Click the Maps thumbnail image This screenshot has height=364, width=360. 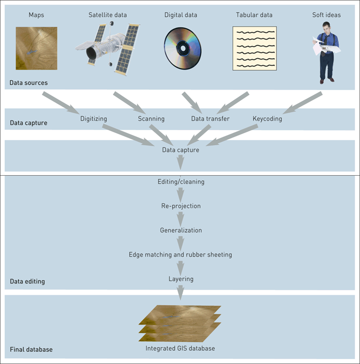(36, 48)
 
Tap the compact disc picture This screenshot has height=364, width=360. (183, 48)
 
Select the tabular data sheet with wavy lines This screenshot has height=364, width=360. (254, 48)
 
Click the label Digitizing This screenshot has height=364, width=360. (94, 119)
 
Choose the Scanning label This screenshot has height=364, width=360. (151, 119)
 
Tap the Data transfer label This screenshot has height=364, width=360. (210, 119)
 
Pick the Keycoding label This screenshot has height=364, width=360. (267, 119)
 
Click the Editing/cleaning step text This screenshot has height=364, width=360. (180, 182)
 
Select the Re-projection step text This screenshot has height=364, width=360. (180, 206)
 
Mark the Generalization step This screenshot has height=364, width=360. (181, 230)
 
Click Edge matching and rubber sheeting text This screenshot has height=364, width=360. (180, 255)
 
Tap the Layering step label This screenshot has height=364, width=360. (181, 279)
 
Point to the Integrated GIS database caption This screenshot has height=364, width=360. (180, 348)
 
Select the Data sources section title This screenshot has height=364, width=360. (29, 82)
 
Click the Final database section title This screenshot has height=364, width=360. (31, 349)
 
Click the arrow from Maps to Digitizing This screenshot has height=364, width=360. (61, 103)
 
